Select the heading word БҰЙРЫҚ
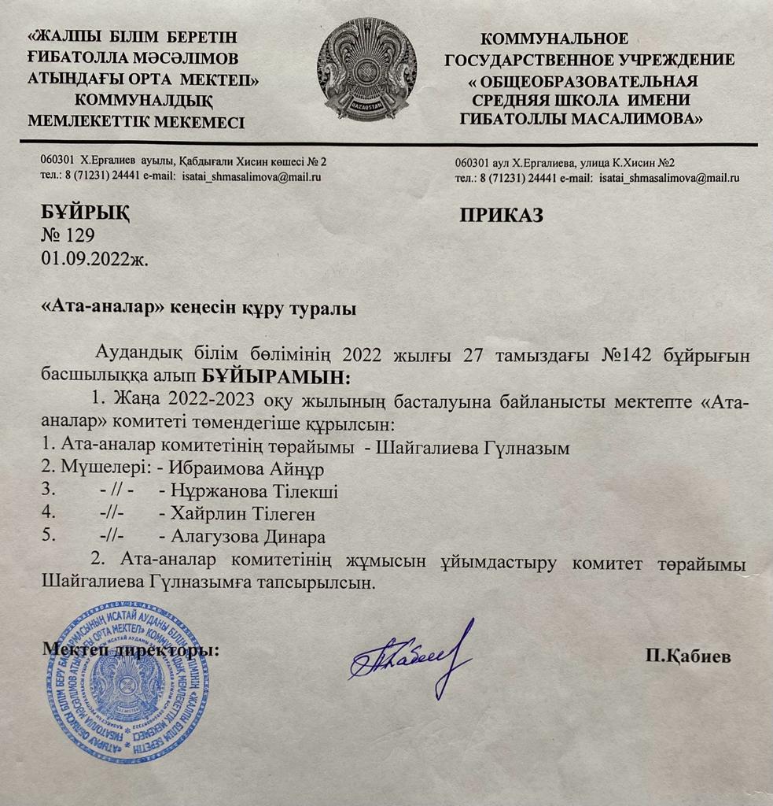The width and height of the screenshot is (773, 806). (85, 213)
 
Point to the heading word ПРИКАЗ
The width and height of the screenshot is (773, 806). (501, 216)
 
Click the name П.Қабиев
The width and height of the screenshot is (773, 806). (687, 656)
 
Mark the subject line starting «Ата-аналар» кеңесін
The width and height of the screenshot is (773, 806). (198, 309)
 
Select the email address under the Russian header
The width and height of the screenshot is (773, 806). (669, 179)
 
